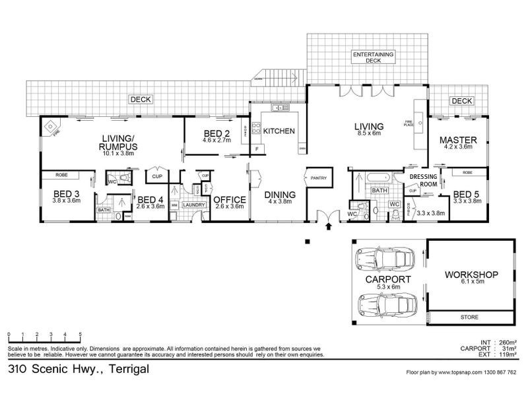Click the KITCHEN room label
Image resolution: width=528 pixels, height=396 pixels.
(279, 131)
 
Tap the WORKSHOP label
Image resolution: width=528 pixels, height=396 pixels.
(471, 274)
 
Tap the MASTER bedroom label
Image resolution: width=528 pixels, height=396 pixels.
(458, 140)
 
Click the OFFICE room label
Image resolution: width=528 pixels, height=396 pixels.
(229, 199)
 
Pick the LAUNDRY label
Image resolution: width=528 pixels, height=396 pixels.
(194, 205)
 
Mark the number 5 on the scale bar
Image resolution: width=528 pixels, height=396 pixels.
(81, 334)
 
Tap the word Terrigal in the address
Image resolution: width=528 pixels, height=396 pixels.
(121, 370)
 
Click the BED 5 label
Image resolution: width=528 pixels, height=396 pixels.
(467, 194)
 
